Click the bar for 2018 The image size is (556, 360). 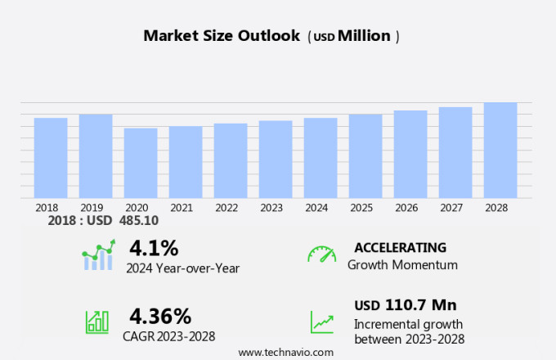click(51, 157)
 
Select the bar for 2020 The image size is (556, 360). click(141, 162)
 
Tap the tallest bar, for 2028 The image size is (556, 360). click(500, 150)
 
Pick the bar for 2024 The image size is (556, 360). click(321, 157)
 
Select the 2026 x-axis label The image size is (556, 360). click(410, 208)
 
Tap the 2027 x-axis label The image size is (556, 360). click(455, 208)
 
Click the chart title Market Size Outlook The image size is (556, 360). click(222, 36)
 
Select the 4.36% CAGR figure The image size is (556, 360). click(160, 316)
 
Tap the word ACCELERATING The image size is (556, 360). click(400, 248)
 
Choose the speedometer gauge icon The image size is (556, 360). click(321, 254)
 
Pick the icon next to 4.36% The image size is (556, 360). click(97, 322)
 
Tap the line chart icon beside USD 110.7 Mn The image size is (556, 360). click(321, 322)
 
